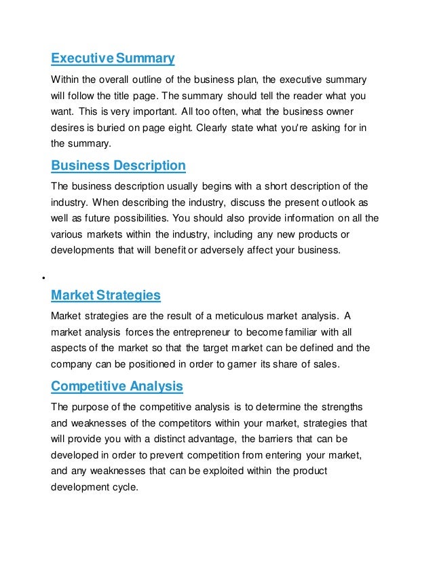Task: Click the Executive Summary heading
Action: click(113, 58)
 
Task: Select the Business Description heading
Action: click(118, 166)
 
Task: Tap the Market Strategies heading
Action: click(106, 295)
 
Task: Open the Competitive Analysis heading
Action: click(117, 386)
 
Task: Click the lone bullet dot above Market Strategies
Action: click(42, 278)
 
